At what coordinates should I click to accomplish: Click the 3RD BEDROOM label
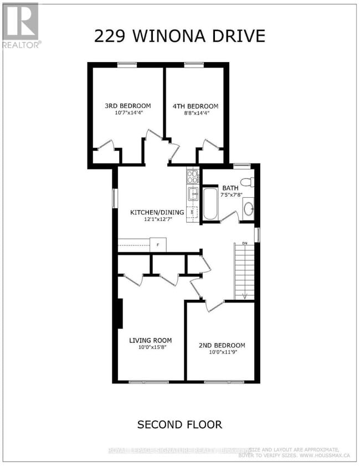[x=128, y=106]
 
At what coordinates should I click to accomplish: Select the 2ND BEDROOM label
[x=222, y=345]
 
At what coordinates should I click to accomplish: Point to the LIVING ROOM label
[x=150, y=340]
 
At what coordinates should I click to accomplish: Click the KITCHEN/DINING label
[x=154, y=212]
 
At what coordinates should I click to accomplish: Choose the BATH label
[x=230, y=187]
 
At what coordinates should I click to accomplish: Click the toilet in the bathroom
[x=248, y=181]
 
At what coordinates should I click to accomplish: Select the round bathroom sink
[x=248, y=209]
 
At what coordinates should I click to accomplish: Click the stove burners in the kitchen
[x=192, y=177]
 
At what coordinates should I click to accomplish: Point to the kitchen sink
[x=193, y=193]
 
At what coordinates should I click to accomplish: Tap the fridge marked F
[x=158, y=244]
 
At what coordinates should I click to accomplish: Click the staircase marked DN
[x=243, y=272]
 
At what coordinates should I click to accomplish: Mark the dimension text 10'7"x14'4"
[x=128, y=114]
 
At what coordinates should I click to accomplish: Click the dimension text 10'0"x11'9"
[x=222, y=352]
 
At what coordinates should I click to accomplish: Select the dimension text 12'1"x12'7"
[x=154, y=219]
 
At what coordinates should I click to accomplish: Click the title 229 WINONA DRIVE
[x=179, y=37]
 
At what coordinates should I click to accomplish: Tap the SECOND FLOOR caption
[x=179, y=424]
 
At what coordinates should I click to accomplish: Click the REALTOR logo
[x=20, y=25]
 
